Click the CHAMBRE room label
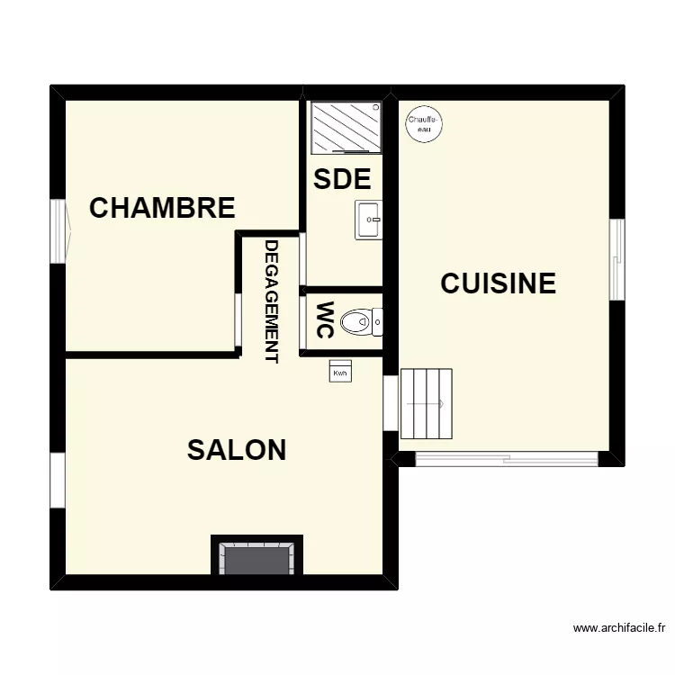pos(162,208)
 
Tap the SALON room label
pos(237,450)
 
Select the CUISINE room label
pos(498,283)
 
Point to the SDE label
pos(342,179)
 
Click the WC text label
pos(325,319)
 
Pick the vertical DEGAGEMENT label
pos(271,301)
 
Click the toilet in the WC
pos(364,321)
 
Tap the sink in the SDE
pos(368,219)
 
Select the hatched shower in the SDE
pos(346,127)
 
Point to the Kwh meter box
pos(340,373)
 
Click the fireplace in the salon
pos(256,557)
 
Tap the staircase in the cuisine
pos(426,403)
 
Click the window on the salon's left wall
pos(58,480)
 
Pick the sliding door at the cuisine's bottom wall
pos(507,459)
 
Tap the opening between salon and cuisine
pos(391,403)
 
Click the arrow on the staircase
pos(440,403)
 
